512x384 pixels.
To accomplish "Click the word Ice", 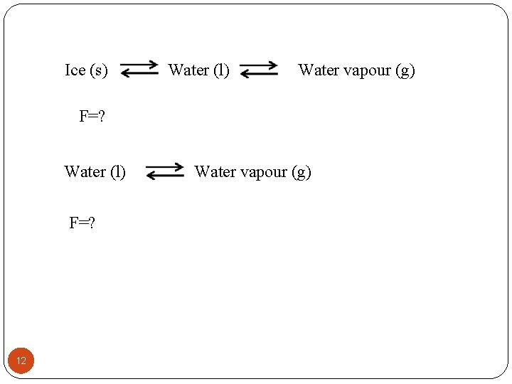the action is pos(75,70).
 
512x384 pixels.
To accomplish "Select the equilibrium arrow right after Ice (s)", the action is pos(139,69).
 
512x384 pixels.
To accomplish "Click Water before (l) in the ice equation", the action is pos(188,70).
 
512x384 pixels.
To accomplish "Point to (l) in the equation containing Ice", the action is pos(221,70).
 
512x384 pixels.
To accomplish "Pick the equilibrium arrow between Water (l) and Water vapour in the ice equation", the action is pos(259,69).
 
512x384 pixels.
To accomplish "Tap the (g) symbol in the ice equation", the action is pos(405,70).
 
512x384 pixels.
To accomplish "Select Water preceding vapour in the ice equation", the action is pos(318,70).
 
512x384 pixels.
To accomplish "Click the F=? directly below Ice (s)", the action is pos(92,117).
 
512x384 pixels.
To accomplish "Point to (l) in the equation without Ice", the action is pos(117,171).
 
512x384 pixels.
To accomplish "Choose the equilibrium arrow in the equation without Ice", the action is pos(164,171).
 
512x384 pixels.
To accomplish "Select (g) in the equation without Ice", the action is pos(301,171).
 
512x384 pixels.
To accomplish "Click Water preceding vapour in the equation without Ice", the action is pos(214,171).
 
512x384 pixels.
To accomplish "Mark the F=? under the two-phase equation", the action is pos(82,223).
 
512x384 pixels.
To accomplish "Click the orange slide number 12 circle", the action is pos(21,361).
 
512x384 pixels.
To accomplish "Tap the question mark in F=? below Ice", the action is pos(101,117).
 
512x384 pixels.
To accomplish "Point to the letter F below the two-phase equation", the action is pos(73,223).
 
